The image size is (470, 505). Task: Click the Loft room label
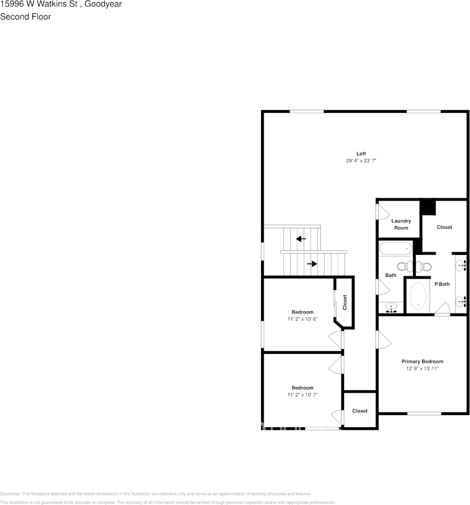click(x=361, y=154)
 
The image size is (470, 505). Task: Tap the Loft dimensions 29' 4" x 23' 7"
click(x=361, y=161)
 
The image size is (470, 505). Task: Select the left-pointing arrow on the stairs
click(x=301, y=239)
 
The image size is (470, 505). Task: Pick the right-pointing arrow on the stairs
click(x=312, y=263)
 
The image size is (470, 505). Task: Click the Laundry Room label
click(x=401, y=224)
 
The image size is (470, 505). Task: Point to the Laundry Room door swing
click(x=383, y=211)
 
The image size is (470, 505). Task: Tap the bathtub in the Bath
click(x=396, y=247)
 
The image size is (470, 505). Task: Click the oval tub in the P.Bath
click(x=418, y=296)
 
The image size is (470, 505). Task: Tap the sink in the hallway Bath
click(x=392, y=307)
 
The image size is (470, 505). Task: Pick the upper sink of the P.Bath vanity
click(x=461, y=263)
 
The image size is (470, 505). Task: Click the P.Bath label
click(x=442, y=284)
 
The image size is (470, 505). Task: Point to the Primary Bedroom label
click(x=422, y=361)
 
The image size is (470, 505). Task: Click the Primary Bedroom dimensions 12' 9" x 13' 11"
click(x=422, y=368)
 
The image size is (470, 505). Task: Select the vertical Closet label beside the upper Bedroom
click(x=345, y=303)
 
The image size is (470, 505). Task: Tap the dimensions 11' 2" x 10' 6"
click(x=302, y=319)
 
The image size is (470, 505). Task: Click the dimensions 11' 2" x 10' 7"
click(x=302, y=395)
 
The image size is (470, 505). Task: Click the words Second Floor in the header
click(x=26, y=16)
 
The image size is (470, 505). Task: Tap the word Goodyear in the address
click(x=104, y=4)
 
